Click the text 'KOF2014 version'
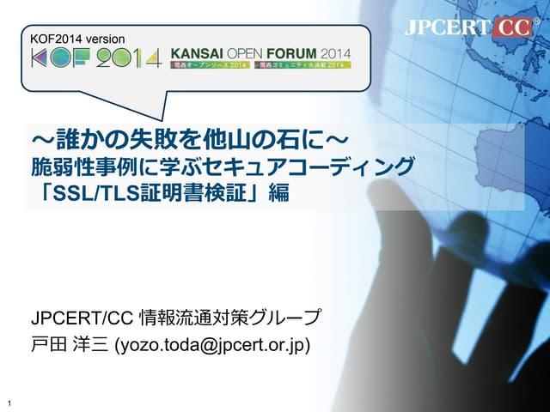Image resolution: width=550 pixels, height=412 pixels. [77, 39]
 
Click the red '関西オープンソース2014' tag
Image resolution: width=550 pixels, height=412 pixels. [211, 65]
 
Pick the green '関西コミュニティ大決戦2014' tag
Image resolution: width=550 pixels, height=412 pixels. [305, 65]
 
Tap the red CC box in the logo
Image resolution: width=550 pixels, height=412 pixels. [514, 28]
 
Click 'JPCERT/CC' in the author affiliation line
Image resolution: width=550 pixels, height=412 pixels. [82, 318]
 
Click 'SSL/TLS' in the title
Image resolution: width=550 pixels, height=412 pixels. [94, 193]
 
